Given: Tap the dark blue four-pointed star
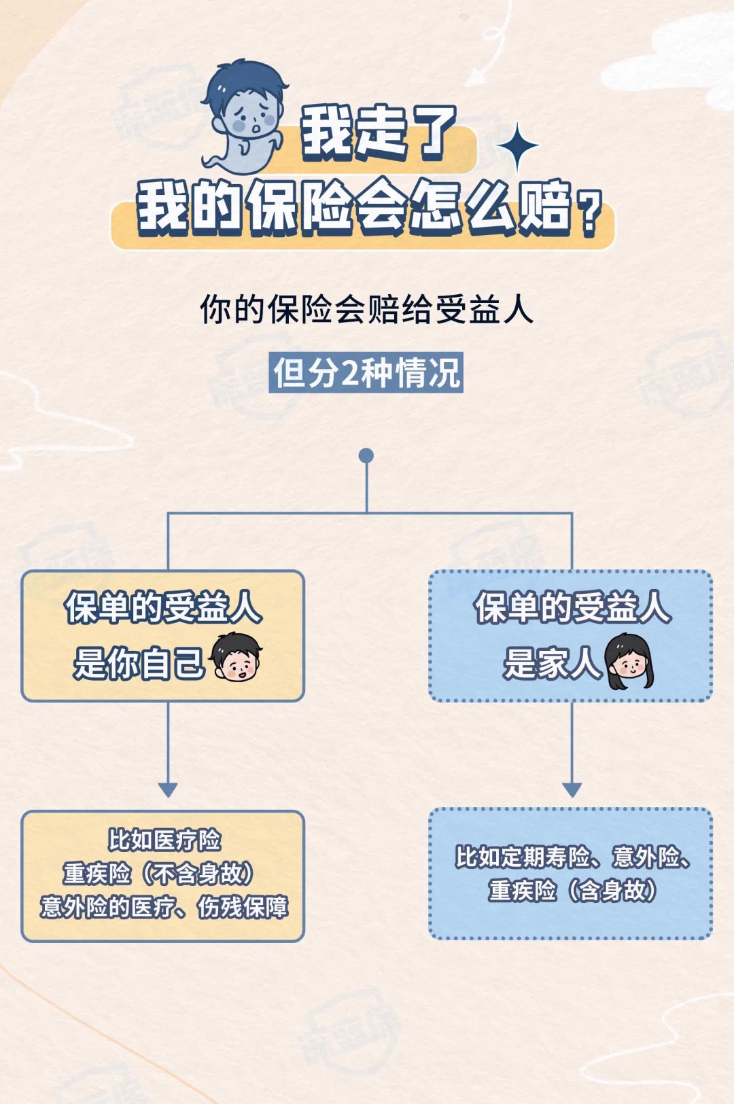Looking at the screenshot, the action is pos(517,146).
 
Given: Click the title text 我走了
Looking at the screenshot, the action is pos(378,132).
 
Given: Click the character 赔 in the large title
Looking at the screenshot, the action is pos(544,207).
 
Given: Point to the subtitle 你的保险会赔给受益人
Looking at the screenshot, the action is pos(366,310).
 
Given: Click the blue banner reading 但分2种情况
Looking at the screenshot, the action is pos(366,372).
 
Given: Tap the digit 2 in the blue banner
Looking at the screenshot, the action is pos(349,373).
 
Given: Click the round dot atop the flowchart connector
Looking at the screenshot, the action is pos(366,455).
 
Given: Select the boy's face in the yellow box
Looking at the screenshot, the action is pos(236,657).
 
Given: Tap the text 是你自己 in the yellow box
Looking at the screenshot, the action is pos(139,663).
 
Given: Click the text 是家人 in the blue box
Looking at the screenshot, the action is pos(552,663).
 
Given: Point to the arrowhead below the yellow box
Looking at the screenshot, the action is pos(168,789).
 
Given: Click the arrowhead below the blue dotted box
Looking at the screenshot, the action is pos(572,789).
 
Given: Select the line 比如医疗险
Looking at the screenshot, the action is pos(164,840).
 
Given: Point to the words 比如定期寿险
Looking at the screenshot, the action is pos(522,857).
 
